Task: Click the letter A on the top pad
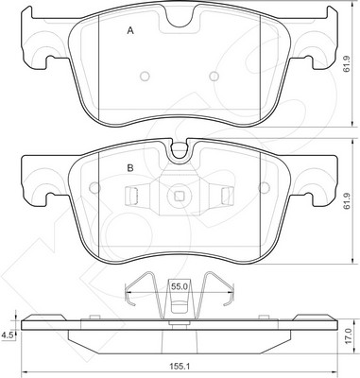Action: [x=130, y=31]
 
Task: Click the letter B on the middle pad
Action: [x=130, y=168]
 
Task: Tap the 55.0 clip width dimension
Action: [x=180, y=286]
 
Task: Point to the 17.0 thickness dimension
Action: [x=347, y=335]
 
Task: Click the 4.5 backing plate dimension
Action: [x=7, y=335]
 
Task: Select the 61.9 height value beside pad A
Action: [x=347, y=64]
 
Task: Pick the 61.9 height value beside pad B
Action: [x=347, y=201]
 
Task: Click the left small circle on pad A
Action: [x=145, y=76]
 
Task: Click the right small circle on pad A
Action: [x=214, y=76]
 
